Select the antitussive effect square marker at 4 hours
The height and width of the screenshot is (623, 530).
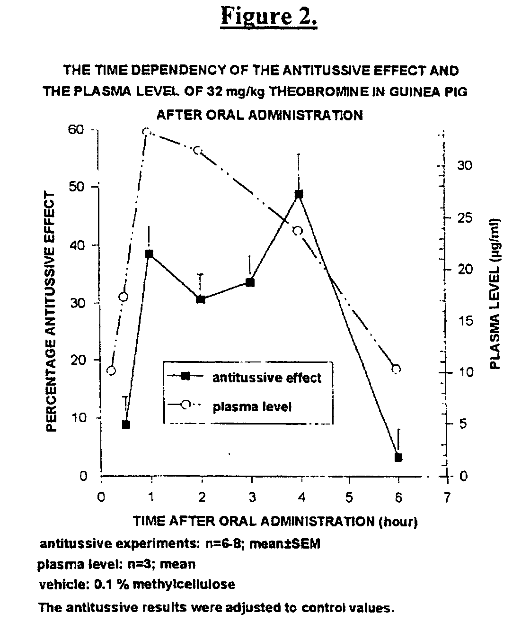tap(299, 194)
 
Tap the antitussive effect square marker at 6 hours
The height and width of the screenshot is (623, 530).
tap(398, 458)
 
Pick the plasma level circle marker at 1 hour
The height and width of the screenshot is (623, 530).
tap(146, 132)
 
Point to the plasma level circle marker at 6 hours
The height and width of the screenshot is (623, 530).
tap(396, 369)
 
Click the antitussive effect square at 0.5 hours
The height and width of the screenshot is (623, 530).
tap(126, 424)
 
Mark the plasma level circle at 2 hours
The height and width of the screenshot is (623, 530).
tap(197, 150)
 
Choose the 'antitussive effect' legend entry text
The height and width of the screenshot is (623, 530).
tap(267, 378)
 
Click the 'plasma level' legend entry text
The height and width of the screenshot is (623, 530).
tap(252, 407)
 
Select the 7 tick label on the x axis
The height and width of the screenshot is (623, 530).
tap(447, 497)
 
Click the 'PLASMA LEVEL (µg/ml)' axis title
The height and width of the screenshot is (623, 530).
tap(495, 294)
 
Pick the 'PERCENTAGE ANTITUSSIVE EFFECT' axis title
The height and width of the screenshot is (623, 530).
tap(51, 311)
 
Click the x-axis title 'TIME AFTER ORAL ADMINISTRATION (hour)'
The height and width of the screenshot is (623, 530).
tap(275, 521)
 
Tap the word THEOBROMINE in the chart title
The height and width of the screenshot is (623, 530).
tap(318, 91)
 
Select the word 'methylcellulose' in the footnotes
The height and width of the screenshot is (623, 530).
tap(184, 585)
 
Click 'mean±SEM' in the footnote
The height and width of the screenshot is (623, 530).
tap(284, 544)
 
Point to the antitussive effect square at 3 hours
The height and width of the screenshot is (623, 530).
tap(250, 283)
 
